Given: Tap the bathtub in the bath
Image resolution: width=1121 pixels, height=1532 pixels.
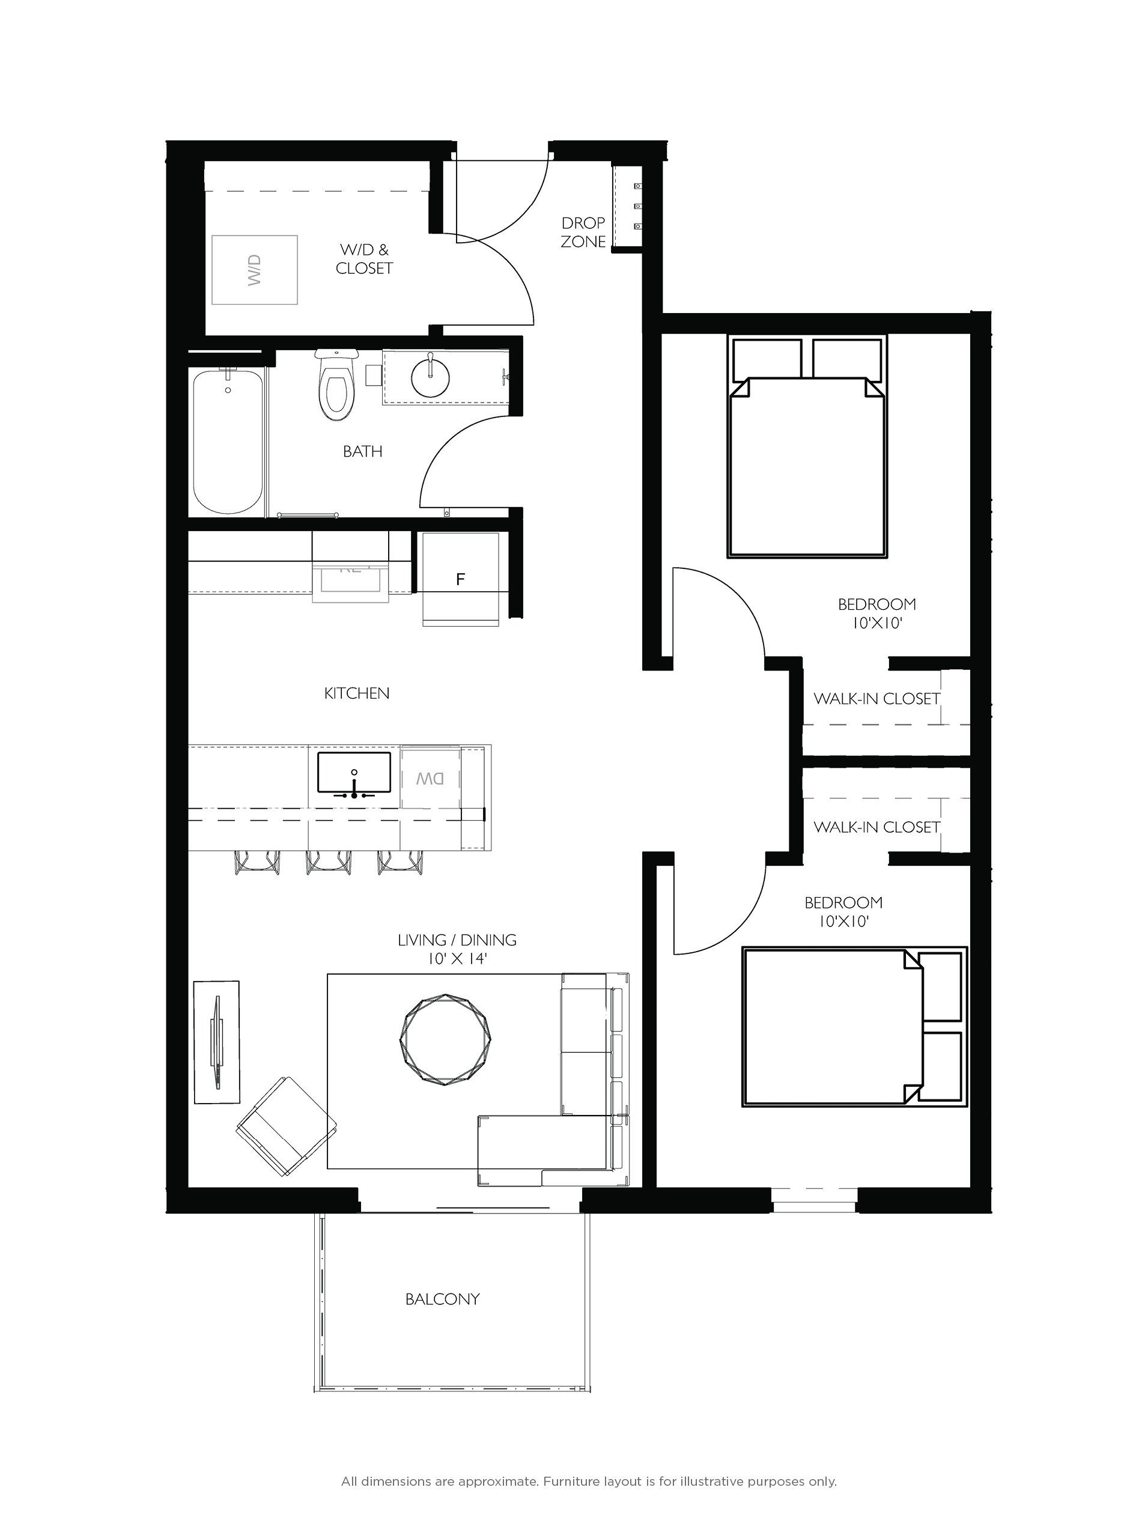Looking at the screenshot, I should tap(228, 441).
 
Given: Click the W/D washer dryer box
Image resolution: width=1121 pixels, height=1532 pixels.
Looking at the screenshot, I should tap(255, 269).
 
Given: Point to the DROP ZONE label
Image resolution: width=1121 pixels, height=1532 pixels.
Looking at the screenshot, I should tap(583, 232).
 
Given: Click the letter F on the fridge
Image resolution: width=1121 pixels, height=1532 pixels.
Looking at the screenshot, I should tap(461, 579).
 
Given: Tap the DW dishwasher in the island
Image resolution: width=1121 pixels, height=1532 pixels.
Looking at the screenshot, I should tap(430, 778).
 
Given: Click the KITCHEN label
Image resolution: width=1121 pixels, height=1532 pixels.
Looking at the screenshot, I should tap(357, 693).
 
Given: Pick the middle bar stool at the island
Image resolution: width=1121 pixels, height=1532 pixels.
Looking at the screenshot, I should tap(329, 862).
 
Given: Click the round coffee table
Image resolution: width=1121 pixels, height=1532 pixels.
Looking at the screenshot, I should tap(446, 1040).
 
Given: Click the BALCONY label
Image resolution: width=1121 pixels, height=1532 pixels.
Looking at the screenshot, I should tap(442, 1299).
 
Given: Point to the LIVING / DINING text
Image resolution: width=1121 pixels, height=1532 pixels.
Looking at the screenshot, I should tap(457, 940).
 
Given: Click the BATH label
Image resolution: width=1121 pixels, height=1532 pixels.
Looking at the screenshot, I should tap(362, 451).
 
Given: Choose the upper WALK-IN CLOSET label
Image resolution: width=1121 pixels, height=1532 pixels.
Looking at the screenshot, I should tap(876, 699).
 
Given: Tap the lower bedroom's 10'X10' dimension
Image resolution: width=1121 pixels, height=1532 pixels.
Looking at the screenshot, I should tap(843, 922).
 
